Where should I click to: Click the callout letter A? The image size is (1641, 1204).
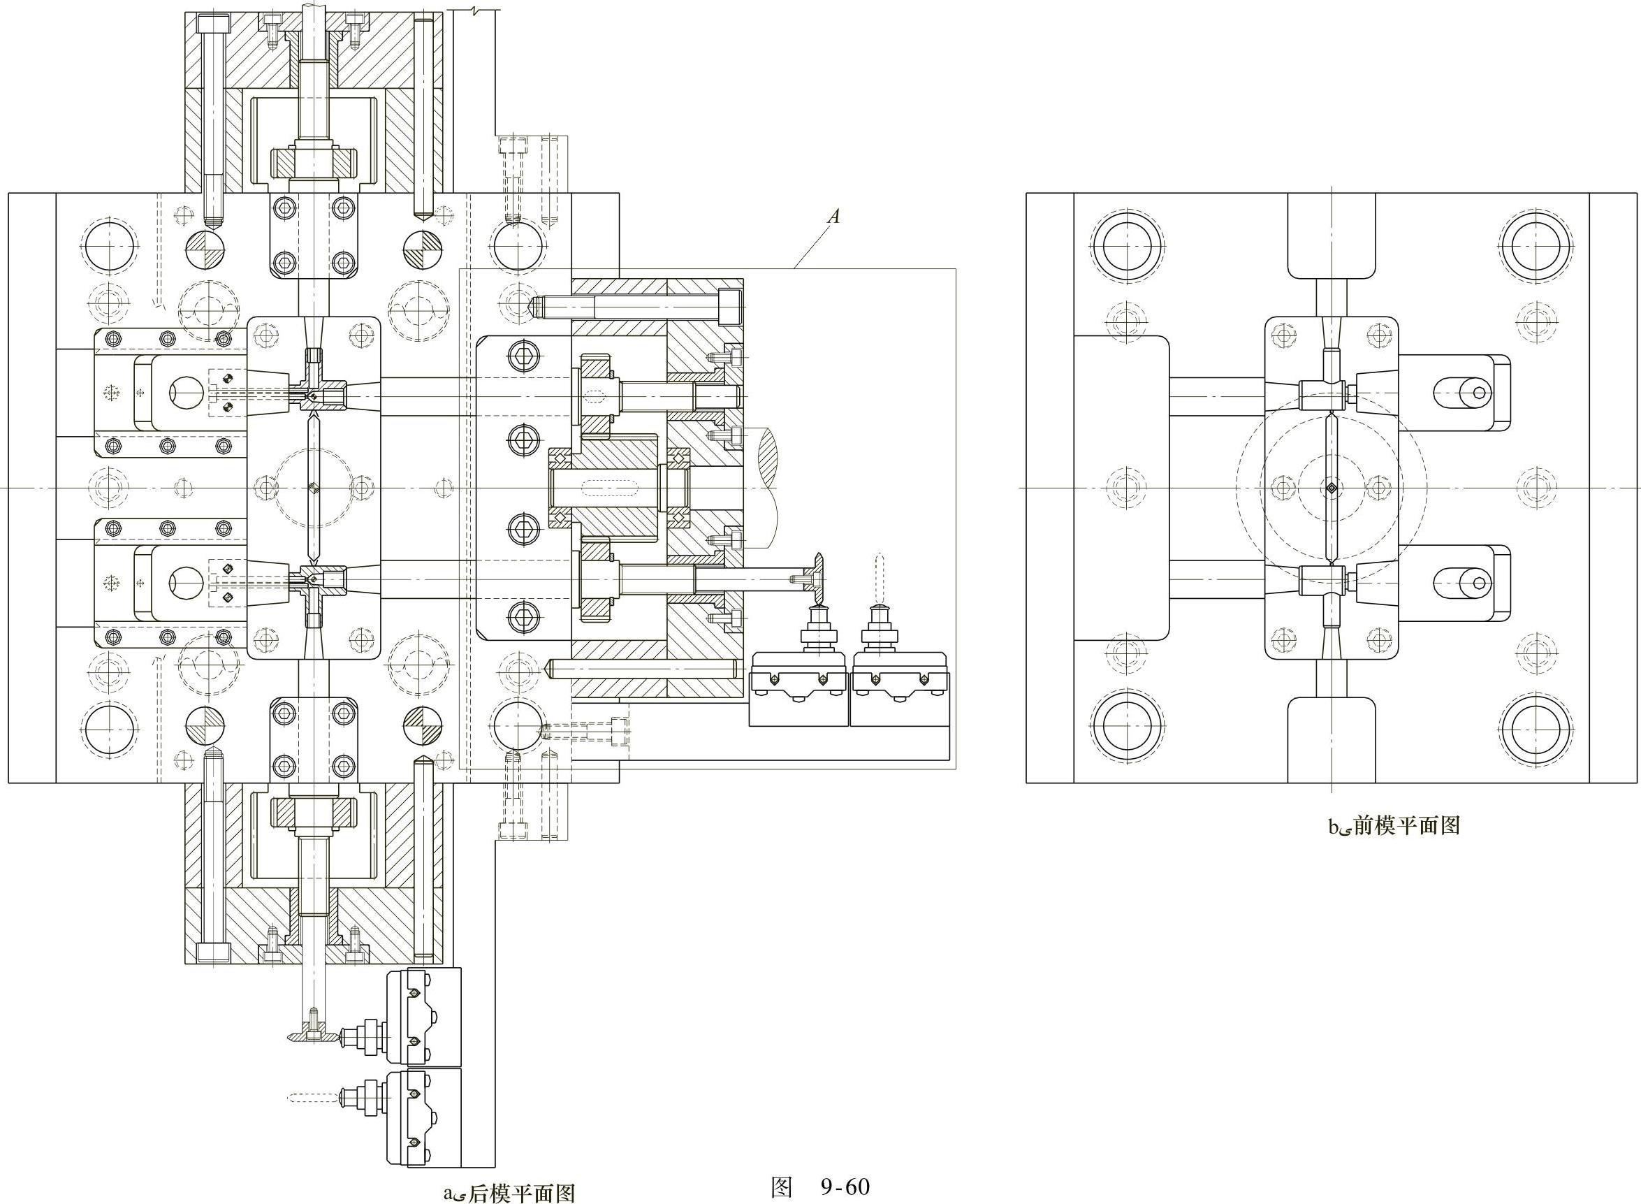(x=834, y=216)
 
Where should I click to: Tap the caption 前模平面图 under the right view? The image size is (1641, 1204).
(x=1406, y=826)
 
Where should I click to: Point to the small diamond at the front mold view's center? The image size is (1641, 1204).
(x=1332, y=488)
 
